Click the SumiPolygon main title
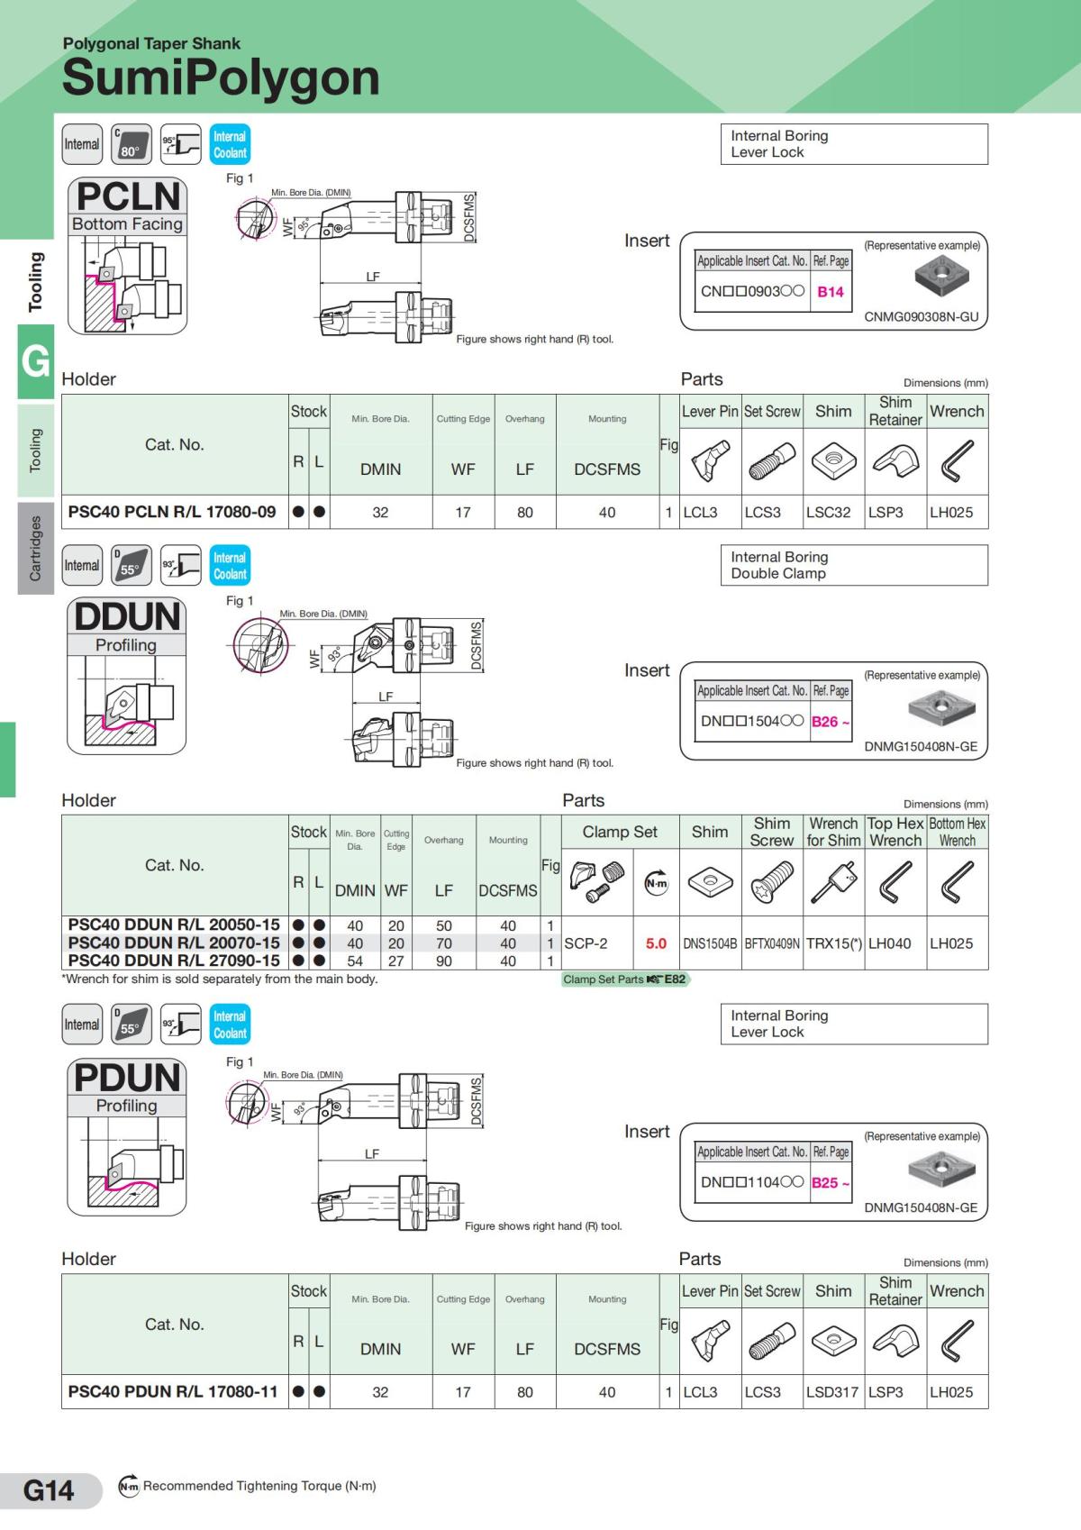click(221, 77)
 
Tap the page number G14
click(49, 1490)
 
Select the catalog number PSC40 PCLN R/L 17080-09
click(172, 512)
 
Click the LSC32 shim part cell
click(828, 512)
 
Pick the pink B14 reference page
click(830, 292)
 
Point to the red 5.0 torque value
click(656, 943)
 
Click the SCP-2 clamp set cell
click(586, 943)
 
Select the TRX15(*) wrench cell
click(833, 943)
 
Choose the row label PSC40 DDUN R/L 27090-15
click(174, 961)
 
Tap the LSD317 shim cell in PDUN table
click(832, 1392)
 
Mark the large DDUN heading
click(127, 617)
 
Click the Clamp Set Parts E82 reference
click(624, 979)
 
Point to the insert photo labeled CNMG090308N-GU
click(941, 276)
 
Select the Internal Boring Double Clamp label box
click(853, 565)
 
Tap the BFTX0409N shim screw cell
click(772, 943)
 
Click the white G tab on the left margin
click(35, 361)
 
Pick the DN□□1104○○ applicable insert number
click(751, 1182)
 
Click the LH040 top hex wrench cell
click(889, 943)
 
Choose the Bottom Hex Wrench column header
click(957, 832)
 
